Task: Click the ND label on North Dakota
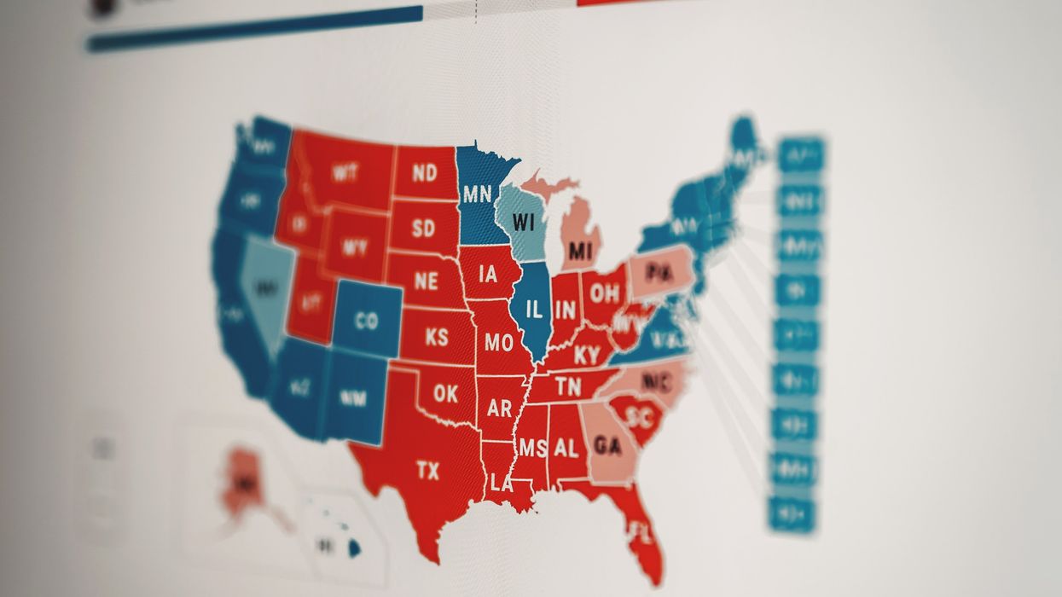(424, 173)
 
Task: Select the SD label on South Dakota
(423, 229)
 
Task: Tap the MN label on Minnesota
(477, 194)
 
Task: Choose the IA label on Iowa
(488, 274)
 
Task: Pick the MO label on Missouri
(498, 343)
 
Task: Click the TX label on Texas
(427, 470)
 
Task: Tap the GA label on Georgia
(607, 445)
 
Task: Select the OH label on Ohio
(604, 293)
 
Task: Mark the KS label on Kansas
(436, 337)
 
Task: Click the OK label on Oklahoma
(444, 394)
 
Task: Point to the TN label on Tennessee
(567, 387)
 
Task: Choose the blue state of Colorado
(366, 321)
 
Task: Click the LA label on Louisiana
(501, 483)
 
